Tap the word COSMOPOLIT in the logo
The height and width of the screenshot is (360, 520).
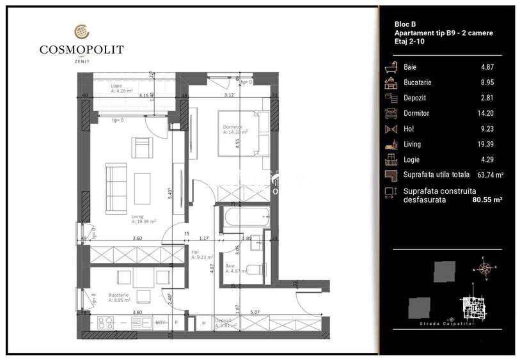(x=81, y=49)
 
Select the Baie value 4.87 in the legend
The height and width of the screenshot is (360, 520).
(x=487, y=67)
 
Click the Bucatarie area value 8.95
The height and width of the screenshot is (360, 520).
(x=487, y=82)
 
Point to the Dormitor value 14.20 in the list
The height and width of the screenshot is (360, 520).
(x=485, y=113)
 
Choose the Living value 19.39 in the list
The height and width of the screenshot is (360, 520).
(x=485, y=145)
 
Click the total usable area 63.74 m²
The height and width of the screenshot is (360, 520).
(x=491, y=175)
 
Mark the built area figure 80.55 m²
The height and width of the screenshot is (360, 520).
(x=487, y=200)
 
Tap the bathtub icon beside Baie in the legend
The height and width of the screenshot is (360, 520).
(x=390, y=67)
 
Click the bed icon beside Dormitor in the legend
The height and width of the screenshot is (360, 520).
(x=390, y=113)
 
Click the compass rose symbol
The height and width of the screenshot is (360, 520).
(x=485, y=269)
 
